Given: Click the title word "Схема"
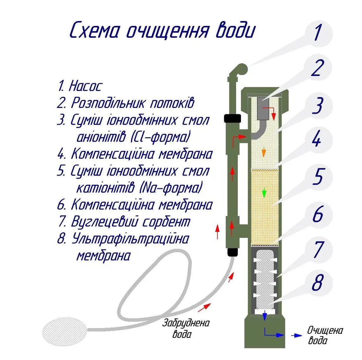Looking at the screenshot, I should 95,31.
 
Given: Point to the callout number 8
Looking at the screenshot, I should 317,282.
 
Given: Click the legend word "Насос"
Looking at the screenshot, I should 86,86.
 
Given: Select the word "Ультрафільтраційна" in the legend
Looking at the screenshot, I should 130,239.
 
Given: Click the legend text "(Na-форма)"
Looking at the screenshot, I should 171,188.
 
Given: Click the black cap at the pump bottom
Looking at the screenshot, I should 233,252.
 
